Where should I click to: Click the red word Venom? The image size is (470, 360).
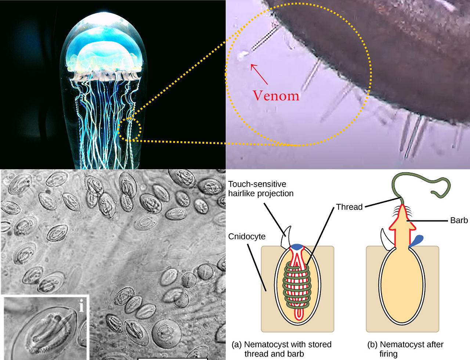click(276, 96)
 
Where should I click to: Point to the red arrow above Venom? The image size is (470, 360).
click(259, 73)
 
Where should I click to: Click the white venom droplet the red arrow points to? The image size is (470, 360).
click(243, 55)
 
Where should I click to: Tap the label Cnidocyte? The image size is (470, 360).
click(247, 237)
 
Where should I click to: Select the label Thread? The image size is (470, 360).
click(349, 207)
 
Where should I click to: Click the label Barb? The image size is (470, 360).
click(459, 220)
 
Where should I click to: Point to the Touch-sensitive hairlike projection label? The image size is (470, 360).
click(261, 188)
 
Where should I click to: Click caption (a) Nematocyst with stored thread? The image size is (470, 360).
click(282, 349)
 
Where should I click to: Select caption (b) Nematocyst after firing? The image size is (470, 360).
click(405, 349)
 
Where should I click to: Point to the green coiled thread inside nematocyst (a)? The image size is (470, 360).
click(297, 287)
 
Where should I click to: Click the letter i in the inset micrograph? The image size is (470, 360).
click(82, 305)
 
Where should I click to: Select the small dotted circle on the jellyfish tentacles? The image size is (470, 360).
click(129, 129)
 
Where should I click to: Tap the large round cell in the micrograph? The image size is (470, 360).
click(166, 334)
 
